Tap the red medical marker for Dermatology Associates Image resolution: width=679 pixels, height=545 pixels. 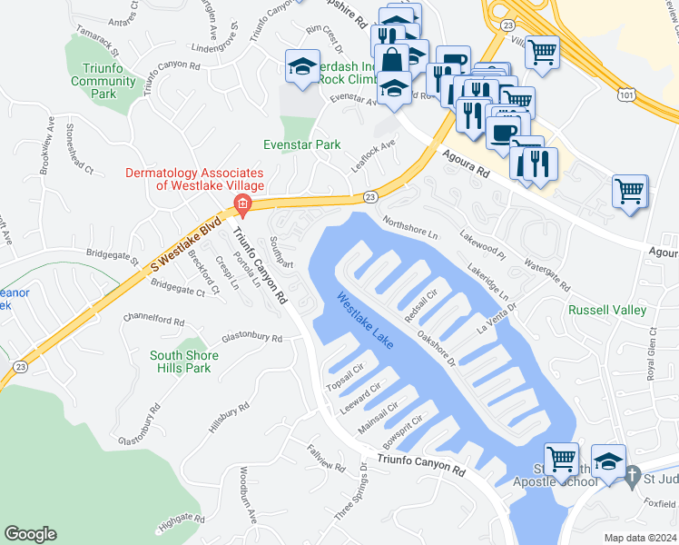point(241,205)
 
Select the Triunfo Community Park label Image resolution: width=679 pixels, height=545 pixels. point(107,81)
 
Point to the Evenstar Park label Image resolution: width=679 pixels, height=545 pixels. point(301,144)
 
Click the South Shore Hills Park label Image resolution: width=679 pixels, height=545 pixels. point(184,362)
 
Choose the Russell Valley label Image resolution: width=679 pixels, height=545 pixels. point(607,310)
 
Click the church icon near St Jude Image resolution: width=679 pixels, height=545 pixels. point(630,474)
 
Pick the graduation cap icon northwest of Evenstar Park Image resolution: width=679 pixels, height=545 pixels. point(301,66)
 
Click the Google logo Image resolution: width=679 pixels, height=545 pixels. point(30,534)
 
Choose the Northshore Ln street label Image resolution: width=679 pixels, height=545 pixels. point(409,227)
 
